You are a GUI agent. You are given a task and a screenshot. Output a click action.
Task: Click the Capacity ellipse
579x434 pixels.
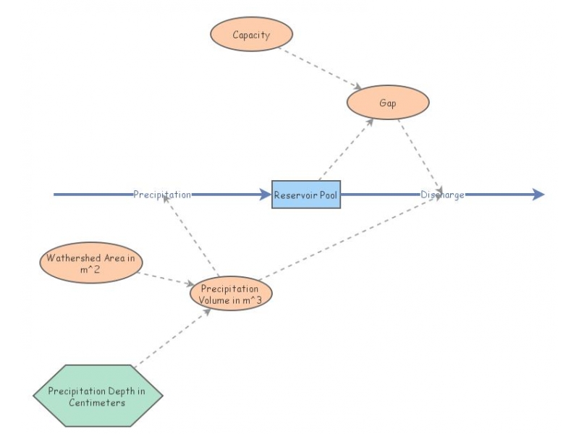(x=251, y=35)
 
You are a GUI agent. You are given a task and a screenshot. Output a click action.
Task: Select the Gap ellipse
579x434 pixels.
(x=388, y=103)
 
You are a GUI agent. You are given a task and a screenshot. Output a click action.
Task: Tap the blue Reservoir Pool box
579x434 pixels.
(x=305, y=195)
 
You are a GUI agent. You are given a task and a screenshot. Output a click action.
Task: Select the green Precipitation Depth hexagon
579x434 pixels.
(x=97, y=396)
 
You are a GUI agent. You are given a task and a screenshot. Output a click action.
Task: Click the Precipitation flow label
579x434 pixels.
(x=162, y=195)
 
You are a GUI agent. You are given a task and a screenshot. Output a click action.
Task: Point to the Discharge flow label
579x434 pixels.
(x=442, y=195)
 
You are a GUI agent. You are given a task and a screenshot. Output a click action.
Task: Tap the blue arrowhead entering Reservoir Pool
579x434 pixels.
(x=266, y=195)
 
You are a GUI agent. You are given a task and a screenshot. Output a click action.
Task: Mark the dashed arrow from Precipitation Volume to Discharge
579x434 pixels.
(x=347, y=237)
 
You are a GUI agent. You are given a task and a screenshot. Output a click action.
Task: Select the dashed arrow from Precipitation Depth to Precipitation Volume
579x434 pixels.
(x=172, y=337)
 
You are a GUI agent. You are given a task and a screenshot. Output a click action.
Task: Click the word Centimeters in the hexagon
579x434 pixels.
(x=97, y=402)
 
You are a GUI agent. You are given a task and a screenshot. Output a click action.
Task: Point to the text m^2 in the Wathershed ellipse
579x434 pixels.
(x=90, y=269)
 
